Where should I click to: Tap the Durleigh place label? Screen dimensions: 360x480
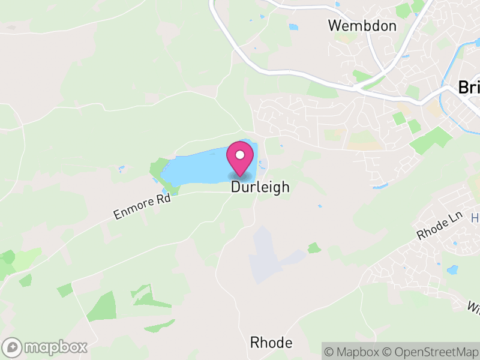point(260,188)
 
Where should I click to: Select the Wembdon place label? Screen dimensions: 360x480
point(362,26)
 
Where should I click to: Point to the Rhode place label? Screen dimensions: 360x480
point(271,343)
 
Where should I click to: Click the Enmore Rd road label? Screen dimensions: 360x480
point(142,206)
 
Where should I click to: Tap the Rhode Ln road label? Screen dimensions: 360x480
point(433,229)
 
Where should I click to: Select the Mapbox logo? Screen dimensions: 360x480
point(46,347)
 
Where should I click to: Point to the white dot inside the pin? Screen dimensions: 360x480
point(240,155)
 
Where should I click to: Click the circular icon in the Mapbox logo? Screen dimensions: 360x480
point(13,347)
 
